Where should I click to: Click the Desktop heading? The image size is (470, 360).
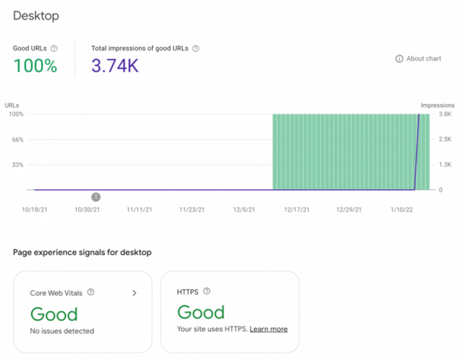click(36, 16)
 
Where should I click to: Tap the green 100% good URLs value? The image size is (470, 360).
click(35, 66)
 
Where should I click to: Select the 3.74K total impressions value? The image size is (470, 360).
click(114, 66)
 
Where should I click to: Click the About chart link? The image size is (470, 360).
click(419, 59)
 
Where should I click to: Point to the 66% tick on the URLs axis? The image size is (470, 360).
click(17, 140)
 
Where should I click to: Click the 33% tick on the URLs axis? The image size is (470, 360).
click(17, 165)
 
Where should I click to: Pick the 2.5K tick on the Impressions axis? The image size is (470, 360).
click(444, 140)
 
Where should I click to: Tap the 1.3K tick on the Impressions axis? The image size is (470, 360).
click(444, 165)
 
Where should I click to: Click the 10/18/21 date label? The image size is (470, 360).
click(34, 209)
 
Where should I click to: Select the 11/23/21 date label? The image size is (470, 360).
click(192, 209)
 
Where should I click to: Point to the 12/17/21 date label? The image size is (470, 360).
click(297, 209)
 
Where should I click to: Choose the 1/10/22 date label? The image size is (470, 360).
click(401, 209)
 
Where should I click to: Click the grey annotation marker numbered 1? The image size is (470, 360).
click(96, 197)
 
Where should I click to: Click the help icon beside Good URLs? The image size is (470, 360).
click(54, 48)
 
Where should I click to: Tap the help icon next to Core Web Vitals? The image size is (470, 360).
click(91, 293)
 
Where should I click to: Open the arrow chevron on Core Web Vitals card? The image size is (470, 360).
click(135, 293)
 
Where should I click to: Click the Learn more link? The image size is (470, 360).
click(268, 329)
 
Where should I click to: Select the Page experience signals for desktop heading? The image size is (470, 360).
click(82, 252)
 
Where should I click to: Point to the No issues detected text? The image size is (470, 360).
click(62, 331)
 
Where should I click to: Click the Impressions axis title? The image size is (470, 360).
click(438, 105)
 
